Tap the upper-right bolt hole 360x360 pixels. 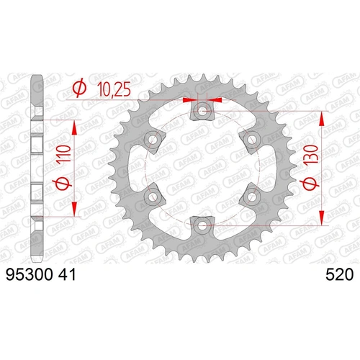pos(253,140)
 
